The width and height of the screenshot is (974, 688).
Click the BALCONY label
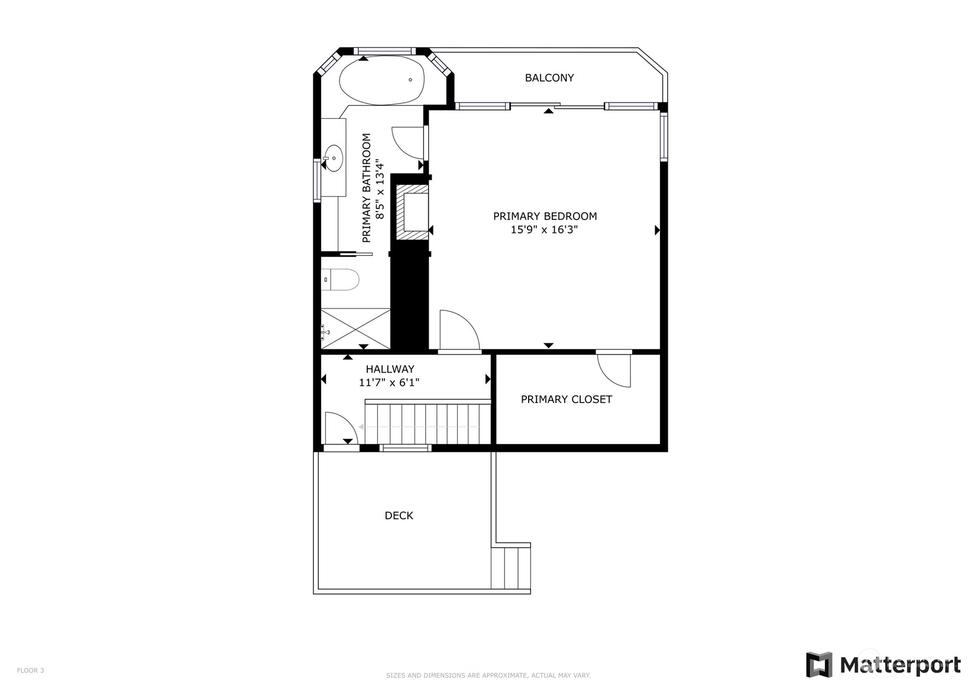point(549,78)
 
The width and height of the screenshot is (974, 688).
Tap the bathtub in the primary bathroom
point(382,80)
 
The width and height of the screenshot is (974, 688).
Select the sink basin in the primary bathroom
point(334,158)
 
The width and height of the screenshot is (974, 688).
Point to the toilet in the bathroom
point(340,280)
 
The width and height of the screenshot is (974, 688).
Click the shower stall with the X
point(355,329)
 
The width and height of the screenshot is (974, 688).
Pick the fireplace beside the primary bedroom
point(412,213)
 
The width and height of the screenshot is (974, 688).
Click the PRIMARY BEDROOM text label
point(545,216)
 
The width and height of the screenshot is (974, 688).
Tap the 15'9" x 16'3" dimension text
point(544,229)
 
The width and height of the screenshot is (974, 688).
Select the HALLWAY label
point(390,369)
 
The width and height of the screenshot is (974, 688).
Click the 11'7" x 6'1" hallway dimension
point(389,382)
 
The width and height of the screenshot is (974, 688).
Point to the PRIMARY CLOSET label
point(567,400)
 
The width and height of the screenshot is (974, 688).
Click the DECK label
point(399,515)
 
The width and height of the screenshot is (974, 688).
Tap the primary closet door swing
point(614,370)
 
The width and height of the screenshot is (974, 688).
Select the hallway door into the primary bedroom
point(460,330)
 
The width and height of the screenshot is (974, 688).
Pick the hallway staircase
point(428,422)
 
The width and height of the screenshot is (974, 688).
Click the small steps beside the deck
point(511,568)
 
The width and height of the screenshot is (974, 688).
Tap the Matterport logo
point(884,664)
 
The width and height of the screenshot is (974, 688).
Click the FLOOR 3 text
point(30,670)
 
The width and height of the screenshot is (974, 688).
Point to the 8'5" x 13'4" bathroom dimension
point(380,190)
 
